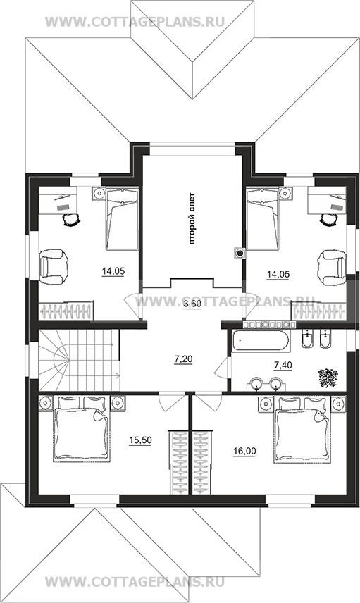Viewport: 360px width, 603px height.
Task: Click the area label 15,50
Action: (140, 441)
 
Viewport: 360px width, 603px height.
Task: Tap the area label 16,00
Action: (244, 451)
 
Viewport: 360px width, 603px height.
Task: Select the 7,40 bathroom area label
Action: (283, 365)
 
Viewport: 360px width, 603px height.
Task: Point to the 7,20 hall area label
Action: (183, 359)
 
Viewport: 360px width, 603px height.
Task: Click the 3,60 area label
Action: (192, 304)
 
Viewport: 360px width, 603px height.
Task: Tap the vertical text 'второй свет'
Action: (192, 219)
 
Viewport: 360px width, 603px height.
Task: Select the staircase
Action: (79, 360)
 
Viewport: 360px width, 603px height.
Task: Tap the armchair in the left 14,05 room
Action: (53, 267)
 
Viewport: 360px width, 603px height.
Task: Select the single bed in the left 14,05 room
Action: (122, 218)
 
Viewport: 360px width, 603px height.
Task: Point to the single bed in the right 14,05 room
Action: (262, 218)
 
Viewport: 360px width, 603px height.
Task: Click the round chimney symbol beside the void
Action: (240, 253)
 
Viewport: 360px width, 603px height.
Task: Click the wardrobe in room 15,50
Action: (178, 462)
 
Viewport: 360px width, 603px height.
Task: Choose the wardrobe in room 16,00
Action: (202, 462)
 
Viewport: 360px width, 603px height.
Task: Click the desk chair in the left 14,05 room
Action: (71, 220)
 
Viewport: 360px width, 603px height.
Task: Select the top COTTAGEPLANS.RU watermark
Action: (135, 22)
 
